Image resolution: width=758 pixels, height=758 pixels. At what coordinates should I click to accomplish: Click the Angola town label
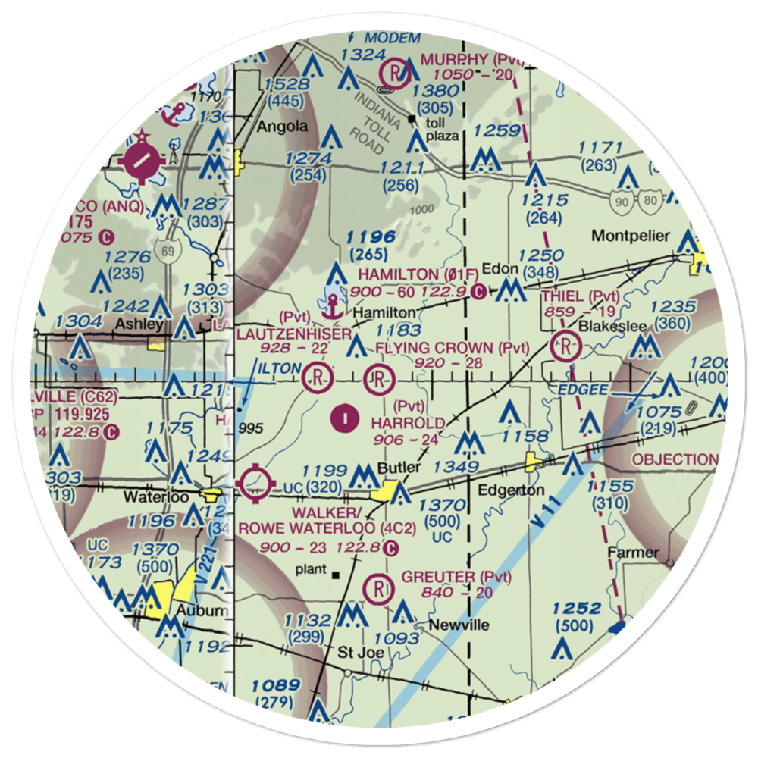point(282,127)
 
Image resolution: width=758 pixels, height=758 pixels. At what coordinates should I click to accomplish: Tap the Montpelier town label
point(631,236)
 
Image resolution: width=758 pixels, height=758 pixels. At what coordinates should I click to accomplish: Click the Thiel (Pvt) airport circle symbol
point(567,347)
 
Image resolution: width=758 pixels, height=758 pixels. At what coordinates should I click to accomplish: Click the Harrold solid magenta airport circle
point(345,416)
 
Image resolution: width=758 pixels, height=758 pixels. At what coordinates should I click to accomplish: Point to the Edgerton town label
point(511,490)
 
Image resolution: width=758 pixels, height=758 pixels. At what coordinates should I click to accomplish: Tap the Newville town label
point(459,625)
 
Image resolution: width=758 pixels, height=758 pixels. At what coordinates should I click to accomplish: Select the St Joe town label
point(361,651)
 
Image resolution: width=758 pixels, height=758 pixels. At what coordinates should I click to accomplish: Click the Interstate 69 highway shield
point(163,249)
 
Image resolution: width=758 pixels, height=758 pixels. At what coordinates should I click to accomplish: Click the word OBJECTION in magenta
point(675,459)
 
